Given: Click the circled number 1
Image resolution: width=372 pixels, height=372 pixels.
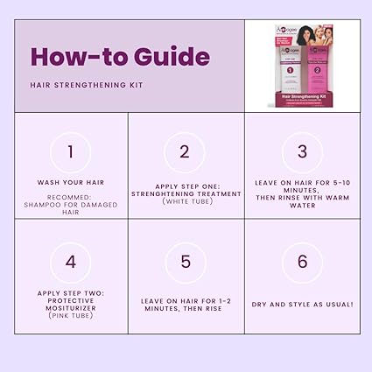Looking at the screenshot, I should tap(71, 151).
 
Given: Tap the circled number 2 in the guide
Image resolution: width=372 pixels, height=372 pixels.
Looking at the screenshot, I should tap(185, 151).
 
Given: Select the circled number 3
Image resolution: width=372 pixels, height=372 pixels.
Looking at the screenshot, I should tap(302, 151).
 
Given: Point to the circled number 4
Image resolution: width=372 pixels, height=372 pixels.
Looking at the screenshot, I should tap(71, 261).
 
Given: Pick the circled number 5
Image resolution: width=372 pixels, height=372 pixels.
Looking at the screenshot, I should tap(185, 261).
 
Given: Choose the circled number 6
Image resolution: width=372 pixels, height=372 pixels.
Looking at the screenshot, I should tap(302, 261).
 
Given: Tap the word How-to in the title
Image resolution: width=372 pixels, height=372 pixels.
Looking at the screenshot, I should tap(74, 57).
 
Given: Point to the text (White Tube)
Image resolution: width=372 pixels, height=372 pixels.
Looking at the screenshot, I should tap(185, 201).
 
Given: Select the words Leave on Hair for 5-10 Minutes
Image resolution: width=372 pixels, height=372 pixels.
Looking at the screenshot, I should tap(302, 186).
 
